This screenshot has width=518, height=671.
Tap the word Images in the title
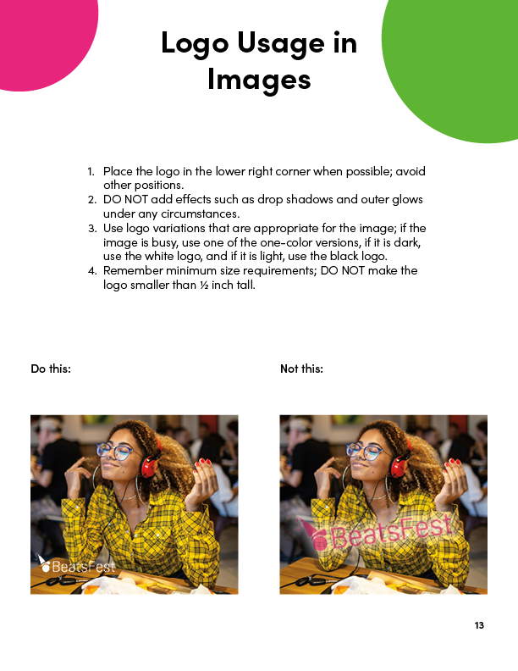coord(259,79)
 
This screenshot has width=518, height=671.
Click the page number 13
coord(479,625)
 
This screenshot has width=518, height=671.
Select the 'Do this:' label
coord(51,369)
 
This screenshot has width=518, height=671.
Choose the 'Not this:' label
coord(302,369)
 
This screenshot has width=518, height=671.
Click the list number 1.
coord(91,171)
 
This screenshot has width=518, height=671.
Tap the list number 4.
coord(91,270)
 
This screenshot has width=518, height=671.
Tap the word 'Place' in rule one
coord(117,171)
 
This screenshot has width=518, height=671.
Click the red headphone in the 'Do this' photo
coord(151,464)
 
